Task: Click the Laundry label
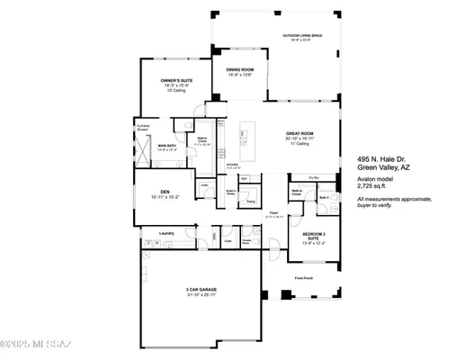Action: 166,233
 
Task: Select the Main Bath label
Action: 167,145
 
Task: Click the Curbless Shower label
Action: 142,127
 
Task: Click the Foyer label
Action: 272,213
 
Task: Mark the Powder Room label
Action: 246,241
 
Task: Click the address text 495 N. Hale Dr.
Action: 381,157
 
